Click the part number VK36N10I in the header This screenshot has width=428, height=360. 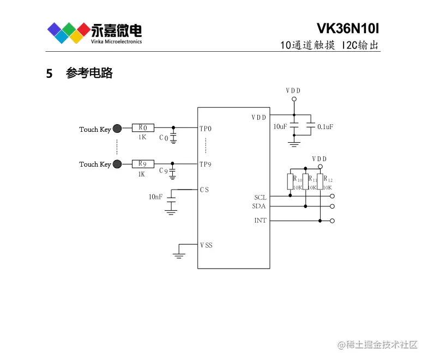pos(347,28)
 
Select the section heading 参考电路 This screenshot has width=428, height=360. pos(89,74)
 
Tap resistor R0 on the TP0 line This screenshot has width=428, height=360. pos(143,128)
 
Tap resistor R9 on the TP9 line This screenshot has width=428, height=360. pos(143,163)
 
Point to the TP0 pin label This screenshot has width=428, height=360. pos(206,129)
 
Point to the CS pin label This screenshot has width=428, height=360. pos(204,190)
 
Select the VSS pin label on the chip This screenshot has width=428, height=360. pos(206,245)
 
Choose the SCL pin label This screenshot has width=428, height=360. pos(260,197)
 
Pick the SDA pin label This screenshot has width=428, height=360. pos(259,206)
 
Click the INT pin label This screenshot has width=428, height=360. pos(260,221)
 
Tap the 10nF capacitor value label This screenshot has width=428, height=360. pos(155,197)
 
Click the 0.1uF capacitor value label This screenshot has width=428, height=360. pos(325,126)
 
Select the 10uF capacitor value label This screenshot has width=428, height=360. pos(280,126)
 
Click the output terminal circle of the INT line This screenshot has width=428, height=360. pos(332,221)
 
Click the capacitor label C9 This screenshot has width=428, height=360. pos(163,172)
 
